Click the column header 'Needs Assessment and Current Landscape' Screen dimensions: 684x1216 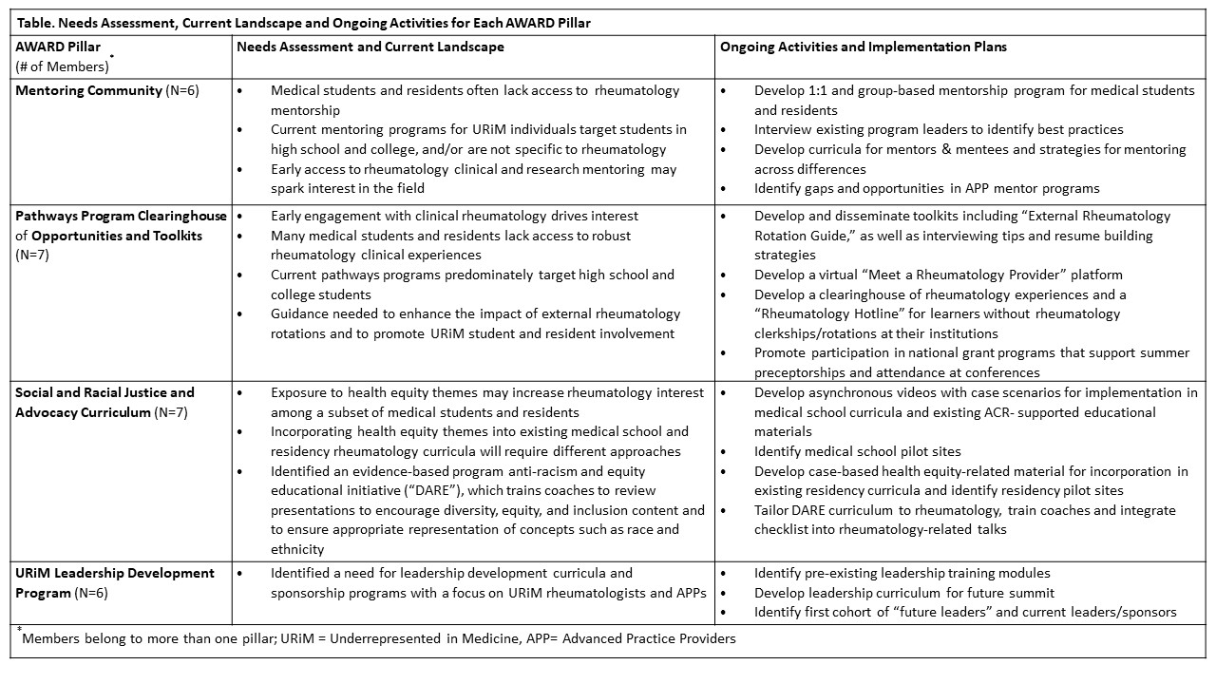[370, 47]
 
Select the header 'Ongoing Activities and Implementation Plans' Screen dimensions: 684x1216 [864, 47]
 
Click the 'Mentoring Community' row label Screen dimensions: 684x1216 [88, 90]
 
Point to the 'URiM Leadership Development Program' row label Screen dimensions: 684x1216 [114, 582]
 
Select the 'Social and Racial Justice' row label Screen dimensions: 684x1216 [104, 392]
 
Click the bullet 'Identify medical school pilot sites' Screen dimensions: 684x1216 [857, 451]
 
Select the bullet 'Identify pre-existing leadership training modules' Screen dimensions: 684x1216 [902, 573]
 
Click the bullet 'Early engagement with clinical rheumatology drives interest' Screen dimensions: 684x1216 [454, 216]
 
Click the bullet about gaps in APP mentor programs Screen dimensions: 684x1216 [926, 188]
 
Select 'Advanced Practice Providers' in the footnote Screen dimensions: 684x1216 [649, 638]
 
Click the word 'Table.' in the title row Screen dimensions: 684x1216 [35, 22]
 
